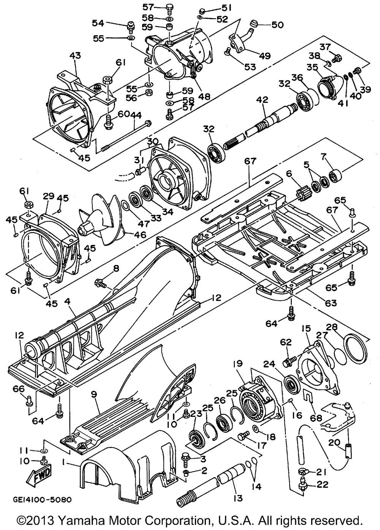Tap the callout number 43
(75, 56)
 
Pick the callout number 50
(277, 25)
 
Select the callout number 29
(49, 196)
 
